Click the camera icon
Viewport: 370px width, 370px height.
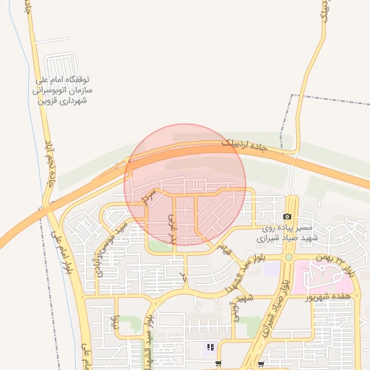288,216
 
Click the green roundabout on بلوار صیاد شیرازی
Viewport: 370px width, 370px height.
288,257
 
